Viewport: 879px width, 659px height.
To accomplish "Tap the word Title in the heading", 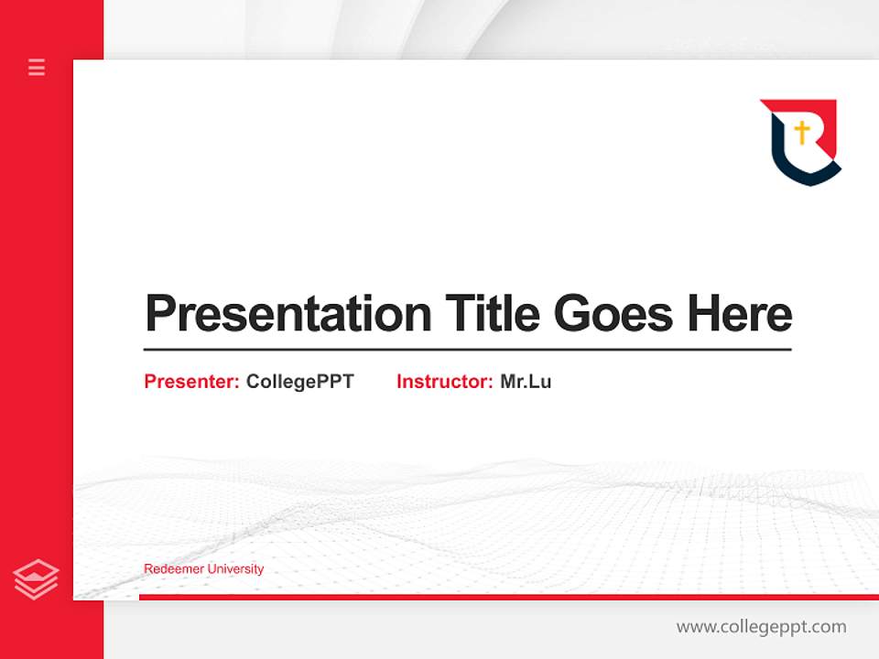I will pyautogui.click(x=493, y=314).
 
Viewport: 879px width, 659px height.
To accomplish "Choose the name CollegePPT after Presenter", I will pyautogui.click(x=299, y=382).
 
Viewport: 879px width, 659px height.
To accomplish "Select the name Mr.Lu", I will pyautogui.click(x=526, y=382).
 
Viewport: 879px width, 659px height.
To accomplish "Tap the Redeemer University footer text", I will pyautogui.click(x=203, y=569).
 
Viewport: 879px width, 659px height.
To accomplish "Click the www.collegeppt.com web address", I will pyautogui.click(x=761, y=627).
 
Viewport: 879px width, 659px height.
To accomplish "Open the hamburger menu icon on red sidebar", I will pyautogui.click(x=37, y=67).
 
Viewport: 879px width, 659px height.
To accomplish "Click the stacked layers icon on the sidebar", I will pyautogui.click(x=36, y=579).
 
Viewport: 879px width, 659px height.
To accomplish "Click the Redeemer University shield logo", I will pyautogui.click(x=800, y=142).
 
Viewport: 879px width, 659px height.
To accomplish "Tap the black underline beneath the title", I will pyautogui.click(x=467, y=349).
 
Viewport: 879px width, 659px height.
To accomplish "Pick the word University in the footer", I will pyautogui.click(x=235, y=569).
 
